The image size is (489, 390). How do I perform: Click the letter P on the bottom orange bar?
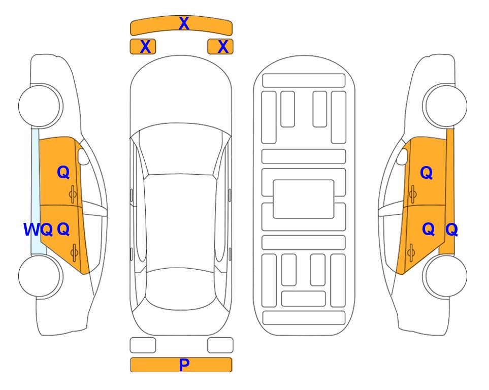click(184, 365)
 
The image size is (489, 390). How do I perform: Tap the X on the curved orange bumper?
click(184, 23)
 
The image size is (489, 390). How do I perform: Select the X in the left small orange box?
click(146, 47)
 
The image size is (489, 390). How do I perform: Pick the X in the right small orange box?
click(223, 47)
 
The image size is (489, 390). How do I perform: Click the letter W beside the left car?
click(32, 230)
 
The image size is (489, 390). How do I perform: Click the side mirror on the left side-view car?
click(83, 156)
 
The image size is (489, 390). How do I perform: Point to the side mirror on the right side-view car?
click(402, 156)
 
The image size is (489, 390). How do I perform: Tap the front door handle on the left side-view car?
click(73, 194)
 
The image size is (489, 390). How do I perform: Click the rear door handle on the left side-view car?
click(74, 253)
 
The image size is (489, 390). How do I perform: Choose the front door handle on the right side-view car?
click(412, 194)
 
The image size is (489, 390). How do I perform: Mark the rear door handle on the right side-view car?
click(411, 253)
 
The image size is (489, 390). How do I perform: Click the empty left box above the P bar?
click(143, 345)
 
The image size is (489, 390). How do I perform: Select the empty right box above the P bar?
click(220, 345)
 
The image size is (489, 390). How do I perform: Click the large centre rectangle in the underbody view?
click(304, 199)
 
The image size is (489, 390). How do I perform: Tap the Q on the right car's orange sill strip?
click(451, 230)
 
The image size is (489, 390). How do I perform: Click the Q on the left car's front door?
click(63, 172)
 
